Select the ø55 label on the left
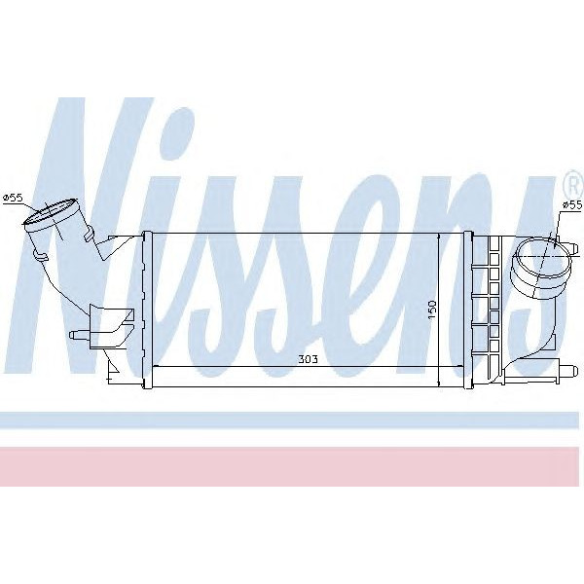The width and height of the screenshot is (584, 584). [x=13, y=199]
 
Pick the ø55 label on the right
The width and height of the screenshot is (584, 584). [x=572, y=205]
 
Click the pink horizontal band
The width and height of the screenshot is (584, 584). [x=292, y=466]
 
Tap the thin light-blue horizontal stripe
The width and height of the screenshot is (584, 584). [x=292, y=420]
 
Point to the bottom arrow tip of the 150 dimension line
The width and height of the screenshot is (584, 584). [x=440, y=382]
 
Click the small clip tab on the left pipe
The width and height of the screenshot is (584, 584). [x=39, y=255]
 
